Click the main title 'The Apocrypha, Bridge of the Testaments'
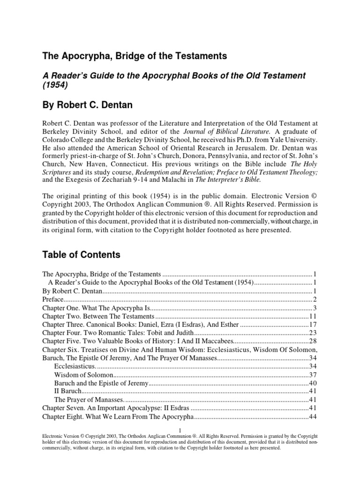(135, 56)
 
